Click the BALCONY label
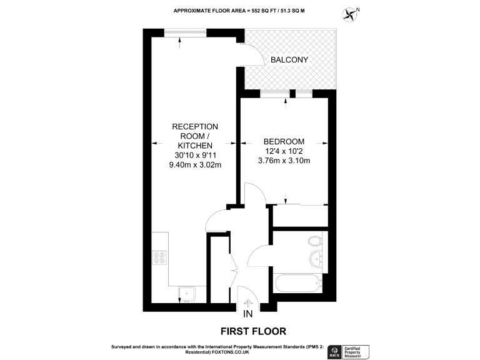pyautogui.click(x=289, y=60)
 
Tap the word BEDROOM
pyautogui.click(x=284, y=141)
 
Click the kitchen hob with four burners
pyautogui.click(x=160, y=257)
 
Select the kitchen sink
pyautogui.click(x=186, y=292)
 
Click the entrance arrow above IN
pyautogui.click(x=247, y=304)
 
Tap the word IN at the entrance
pyautogui.click(x=247, y=314)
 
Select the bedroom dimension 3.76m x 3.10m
pyautogui.click(x=284, y=161)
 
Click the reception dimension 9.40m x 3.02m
pyautogui.click(x=195, y=165)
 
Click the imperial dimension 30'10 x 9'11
pyautogui.click(x=195, y=156)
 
